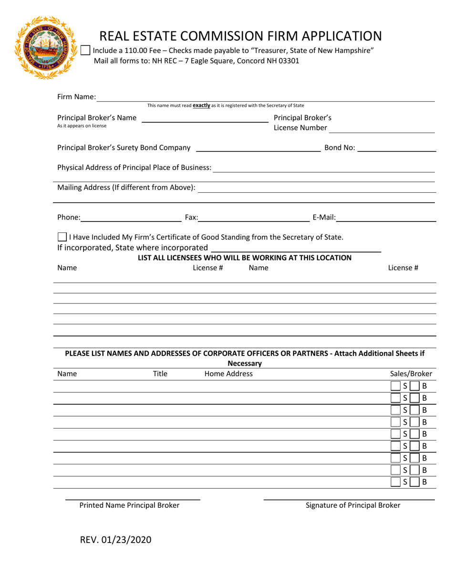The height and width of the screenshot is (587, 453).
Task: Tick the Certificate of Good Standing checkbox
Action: pyautogui.click(x=62, y=237)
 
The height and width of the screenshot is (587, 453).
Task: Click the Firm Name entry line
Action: pyautogui.click(x=265, y=97)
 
